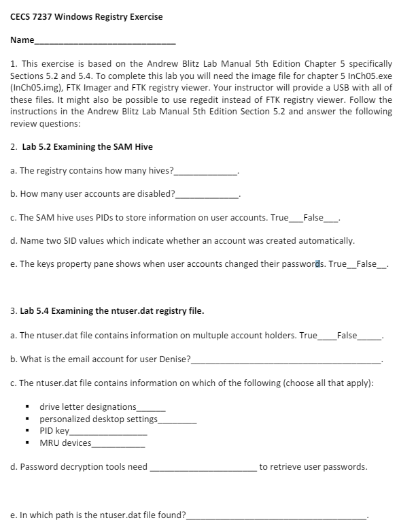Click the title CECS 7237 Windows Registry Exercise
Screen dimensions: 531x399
(x=86, y=16)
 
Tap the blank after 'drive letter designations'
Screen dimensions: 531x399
(x=151, y=408)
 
